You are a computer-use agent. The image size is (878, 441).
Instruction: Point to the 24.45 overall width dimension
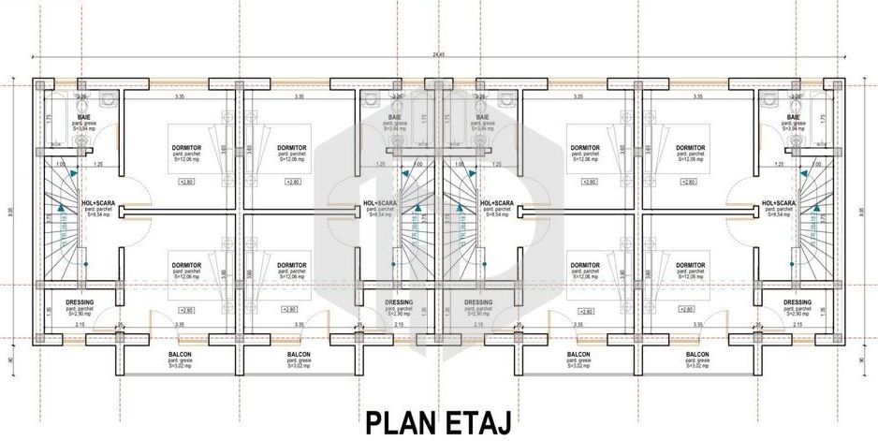point(439,54)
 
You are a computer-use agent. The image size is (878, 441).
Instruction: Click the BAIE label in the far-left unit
point(83,117)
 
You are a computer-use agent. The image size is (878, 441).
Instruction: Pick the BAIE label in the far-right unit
point(794,117)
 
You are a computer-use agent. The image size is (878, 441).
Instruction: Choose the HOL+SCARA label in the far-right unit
point(779,202)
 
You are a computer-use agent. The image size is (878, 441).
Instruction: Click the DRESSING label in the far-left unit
point(80,301)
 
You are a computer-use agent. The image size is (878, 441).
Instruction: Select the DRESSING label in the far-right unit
point(798,301)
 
